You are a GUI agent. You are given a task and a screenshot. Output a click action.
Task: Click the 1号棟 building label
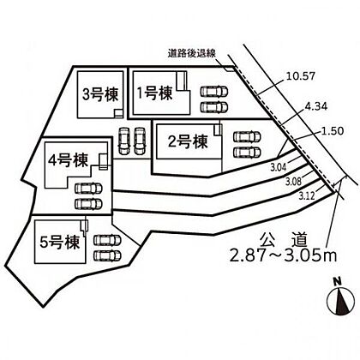coord(155,93)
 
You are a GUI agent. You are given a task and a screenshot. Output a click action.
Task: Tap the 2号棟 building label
coord(188,141)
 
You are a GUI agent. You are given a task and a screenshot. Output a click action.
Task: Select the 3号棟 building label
coord(100,94)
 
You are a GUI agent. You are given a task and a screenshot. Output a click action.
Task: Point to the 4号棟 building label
coord(69,160)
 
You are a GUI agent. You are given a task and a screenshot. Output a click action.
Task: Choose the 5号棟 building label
coord(60,243)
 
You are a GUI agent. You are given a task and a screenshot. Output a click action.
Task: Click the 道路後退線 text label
coord(191,54)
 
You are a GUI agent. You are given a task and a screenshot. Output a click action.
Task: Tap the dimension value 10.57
coord(300,76)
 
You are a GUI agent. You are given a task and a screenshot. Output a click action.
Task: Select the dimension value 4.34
coord(315,106)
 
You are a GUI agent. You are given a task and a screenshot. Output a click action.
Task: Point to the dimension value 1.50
coord(332,131)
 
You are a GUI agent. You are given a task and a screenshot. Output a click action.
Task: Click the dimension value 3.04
coord(278,167)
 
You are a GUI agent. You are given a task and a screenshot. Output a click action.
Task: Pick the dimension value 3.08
coord(293,181)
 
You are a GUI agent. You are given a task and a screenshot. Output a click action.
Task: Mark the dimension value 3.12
coord(307,196)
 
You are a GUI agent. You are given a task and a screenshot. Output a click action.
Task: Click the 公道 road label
coord(284,240)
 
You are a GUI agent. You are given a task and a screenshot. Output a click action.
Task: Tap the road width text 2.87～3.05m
coord(284,256)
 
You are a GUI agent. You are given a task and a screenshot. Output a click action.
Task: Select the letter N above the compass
coord(339,281)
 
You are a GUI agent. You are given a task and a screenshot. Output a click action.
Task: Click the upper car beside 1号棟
coord(214,92)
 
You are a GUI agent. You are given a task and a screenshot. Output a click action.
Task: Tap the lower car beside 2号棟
coord(247,153)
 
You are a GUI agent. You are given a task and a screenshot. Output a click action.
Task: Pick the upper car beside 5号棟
coord(107,240)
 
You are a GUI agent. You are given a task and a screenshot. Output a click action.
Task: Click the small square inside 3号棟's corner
coord(118,113)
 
